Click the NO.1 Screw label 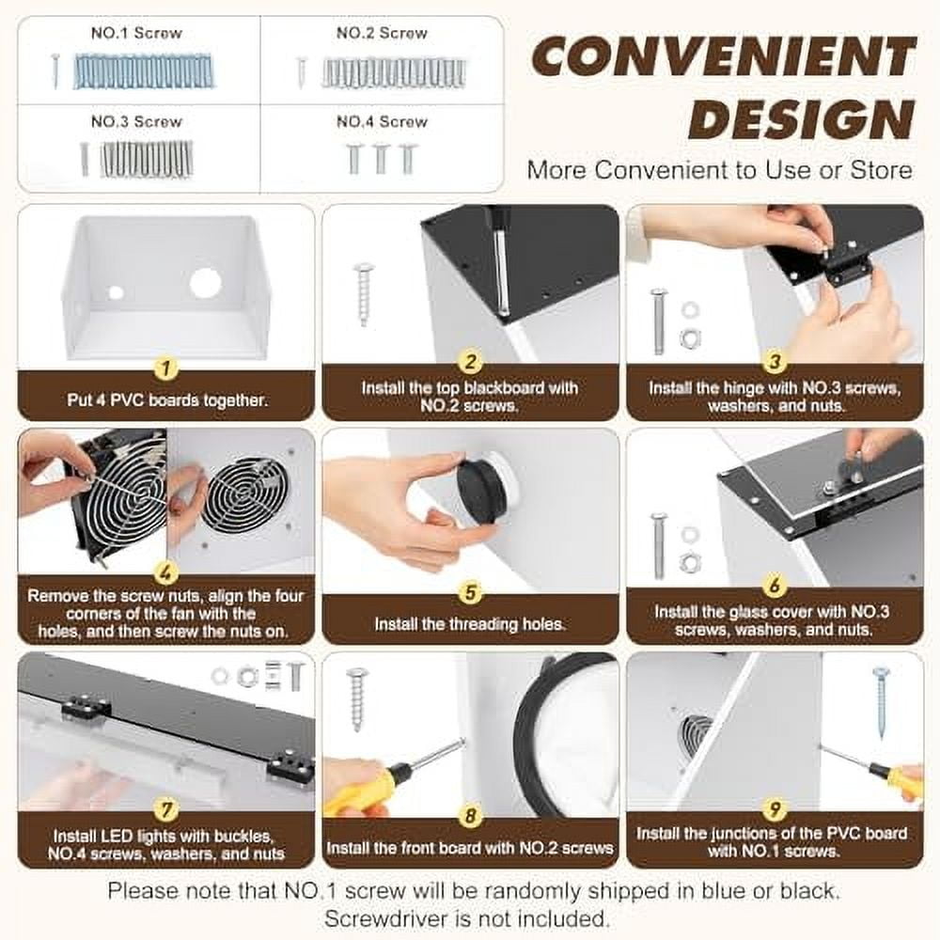(x=136, y=33)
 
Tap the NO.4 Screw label (x=382, y=121)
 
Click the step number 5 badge (x=470, y=592)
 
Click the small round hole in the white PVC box (x=116, y=292)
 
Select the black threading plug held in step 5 (x=481, y=489)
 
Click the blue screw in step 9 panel (x=881, y=700)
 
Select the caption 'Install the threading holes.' (x=470, y=623)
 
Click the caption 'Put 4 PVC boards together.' (x=167, y=399)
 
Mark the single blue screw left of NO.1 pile (x=55, y=70)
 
